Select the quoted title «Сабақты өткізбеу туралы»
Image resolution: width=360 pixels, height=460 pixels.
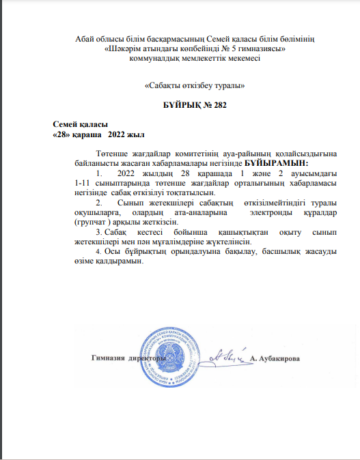(195, 86)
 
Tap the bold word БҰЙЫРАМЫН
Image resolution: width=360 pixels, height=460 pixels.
(277, 164)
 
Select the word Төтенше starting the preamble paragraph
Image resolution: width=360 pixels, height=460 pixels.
(112, 154)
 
